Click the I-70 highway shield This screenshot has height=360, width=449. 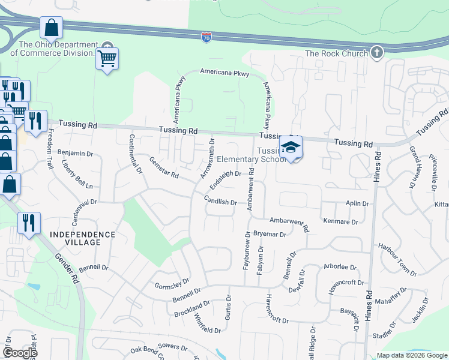(x=205, y=37)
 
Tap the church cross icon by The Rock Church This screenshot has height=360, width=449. (x=376, y=53)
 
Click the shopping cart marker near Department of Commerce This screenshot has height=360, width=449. (x=107, y=59)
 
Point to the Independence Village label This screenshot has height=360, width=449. (x=82, y=238)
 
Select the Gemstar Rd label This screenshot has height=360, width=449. (x=164, y=167)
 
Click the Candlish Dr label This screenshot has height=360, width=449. (x=220, y=201)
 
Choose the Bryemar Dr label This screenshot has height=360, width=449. (x=270, y=234)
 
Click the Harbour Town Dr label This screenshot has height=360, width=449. (x=397, y=259)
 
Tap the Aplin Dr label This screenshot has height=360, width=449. (x=357, y=204)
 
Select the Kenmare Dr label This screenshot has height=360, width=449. (x=339, y=221)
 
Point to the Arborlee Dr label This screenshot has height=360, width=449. (x=340, y=267)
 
